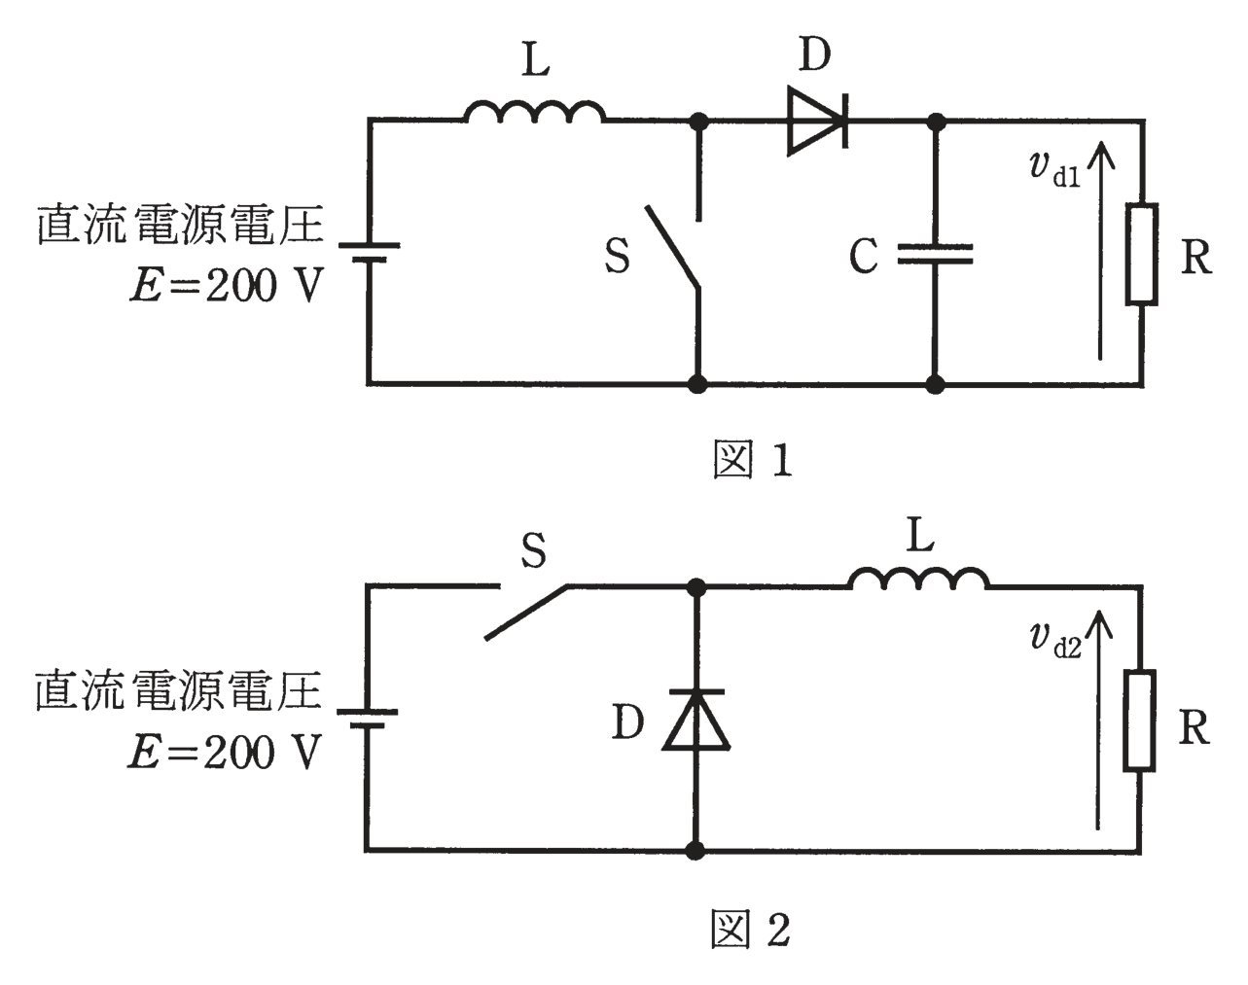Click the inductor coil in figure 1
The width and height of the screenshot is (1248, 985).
[x=534, y=111]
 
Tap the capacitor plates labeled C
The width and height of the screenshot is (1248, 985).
[x=935, y=254]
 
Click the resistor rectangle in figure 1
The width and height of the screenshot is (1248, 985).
[x=1142, y=254]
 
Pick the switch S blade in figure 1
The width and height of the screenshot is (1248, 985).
[x=673, y=246]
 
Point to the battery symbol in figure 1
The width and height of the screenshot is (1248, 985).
[x=369, y=253]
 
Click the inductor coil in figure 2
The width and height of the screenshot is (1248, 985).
[x=918, y=579]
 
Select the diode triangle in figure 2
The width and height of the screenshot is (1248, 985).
[x=695, y=720]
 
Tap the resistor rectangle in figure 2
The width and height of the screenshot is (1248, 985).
[x=1140, y=721]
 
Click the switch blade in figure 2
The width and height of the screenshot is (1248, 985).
[x=526, y=613]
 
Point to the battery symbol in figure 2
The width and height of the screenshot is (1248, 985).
[x=367, y=719]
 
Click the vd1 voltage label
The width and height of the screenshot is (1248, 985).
[x=1054, y=169]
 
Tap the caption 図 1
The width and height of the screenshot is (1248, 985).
[x=752, y=460]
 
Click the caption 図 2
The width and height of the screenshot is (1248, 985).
[x=751, y=929]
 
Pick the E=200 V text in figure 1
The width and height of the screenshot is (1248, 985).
[x=225, y=285]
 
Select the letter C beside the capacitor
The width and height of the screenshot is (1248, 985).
[x=864, y=256]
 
